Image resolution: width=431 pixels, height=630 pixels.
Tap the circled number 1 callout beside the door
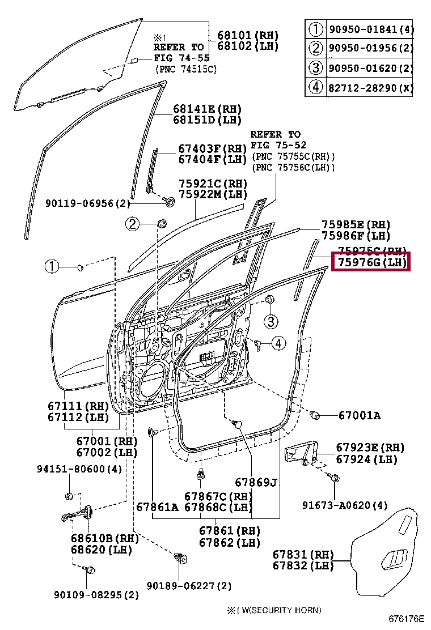[x=52, y=266]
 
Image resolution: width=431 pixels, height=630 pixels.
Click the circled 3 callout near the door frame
[x=271, y=322]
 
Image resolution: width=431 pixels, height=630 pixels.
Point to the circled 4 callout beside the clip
[x=278, y=342]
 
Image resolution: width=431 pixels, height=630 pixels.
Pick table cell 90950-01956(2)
[x=368, y=48]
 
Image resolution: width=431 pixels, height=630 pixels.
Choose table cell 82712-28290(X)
[x=368, y=88]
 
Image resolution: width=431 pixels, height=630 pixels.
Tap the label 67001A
[x=359, y=416]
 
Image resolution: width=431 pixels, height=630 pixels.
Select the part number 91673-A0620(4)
[x=346, y=505]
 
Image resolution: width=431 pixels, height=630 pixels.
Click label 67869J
[x=256, y=482]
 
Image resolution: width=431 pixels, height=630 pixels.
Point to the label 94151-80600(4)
[x=79, y=469]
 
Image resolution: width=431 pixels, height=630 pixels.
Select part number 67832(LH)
[x=303, y=566]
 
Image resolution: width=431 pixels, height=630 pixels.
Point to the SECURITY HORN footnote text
[x=274, y=610]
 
